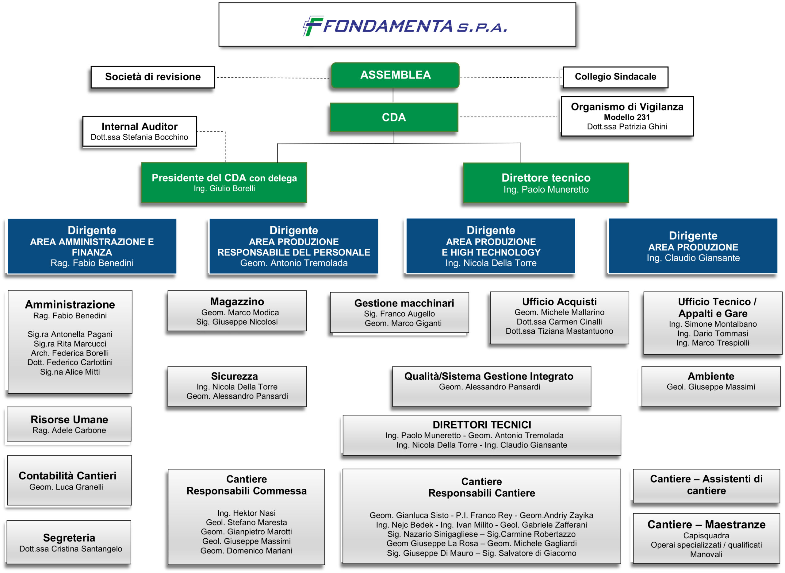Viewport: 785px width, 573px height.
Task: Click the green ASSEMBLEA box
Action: pos(395,75)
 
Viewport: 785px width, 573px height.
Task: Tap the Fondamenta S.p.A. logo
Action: pos(405,26)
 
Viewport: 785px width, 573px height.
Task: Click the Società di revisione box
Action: pos(153,77)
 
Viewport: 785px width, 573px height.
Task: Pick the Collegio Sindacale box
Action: pos(615,77)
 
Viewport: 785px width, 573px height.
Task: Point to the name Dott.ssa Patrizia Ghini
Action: pos(626,127)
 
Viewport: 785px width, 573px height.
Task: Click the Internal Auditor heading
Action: pos(140,126)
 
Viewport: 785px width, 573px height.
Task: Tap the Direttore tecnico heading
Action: pos(546,178)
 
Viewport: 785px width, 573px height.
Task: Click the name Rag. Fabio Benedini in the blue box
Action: pos(92,263)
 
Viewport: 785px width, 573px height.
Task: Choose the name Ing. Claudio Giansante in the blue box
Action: pos(693,258)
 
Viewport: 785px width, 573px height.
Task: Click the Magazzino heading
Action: pos(237,302)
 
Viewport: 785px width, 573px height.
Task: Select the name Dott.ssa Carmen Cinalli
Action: pos(559,321)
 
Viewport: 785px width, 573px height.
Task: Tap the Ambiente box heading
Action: pos(710,376)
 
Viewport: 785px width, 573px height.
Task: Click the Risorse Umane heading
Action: pos(69,419)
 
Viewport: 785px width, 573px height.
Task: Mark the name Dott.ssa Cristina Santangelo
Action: pos(71,549)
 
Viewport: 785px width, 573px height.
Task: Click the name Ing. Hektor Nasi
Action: pos(246,513)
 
